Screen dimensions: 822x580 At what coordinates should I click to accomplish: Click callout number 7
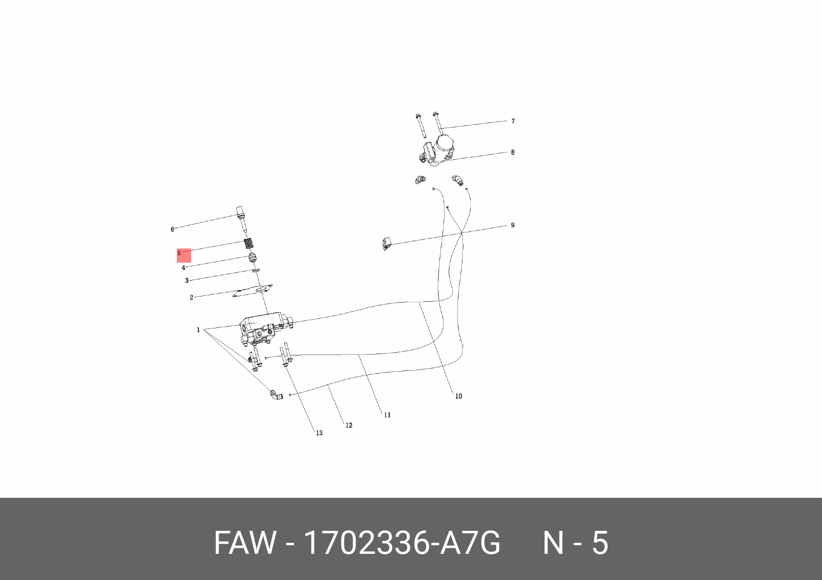tap(513, 121)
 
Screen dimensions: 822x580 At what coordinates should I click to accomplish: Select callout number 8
tap(512, 152)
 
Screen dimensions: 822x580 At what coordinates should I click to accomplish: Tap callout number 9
tap(512, 225)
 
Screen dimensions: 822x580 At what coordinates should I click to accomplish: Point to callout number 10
tap(458, 396)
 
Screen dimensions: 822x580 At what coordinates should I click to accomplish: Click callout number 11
tap(387, 415)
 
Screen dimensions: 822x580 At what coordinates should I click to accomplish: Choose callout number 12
tap(349, 426)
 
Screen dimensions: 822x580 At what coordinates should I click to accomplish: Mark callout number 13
tap(319, 433)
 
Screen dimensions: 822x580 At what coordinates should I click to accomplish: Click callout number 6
tap(173, 230)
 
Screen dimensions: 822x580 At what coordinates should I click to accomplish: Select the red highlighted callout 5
tap(183, 255)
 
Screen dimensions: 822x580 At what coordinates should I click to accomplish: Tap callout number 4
tap(183, 268)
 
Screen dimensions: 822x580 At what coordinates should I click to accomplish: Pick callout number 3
tap(187, 281)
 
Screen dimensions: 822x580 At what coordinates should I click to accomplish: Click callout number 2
tap(191, 298)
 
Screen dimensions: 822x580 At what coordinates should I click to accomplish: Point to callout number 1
tap(198, 330)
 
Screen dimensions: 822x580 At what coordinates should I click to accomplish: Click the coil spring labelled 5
tap(248, 243)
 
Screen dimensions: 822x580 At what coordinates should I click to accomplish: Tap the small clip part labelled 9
tap(386, 244)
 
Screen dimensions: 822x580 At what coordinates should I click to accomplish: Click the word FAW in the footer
tap(245, 543)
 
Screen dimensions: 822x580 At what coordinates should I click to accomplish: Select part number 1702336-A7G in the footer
tap(402, 543)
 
